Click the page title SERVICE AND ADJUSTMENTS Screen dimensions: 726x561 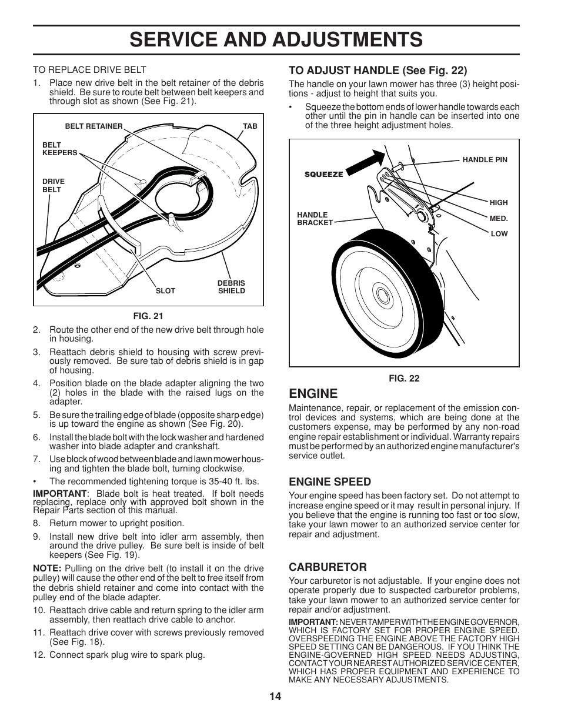[x=276, y=39]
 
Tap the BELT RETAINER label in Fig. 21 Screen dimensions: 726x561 [x=93, y=126]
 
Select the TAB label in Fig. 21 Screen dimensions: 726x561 [x=250, y=126]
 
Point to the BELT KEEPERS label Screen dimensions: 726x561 [x=59, y=149]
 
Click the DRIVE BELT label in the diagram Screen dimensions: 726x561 [x=53, y=186]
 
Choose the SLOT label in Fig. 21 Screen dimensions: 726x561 [x=165, y=291]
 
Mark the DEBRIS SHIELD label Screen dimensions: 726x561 [x=231, y=287]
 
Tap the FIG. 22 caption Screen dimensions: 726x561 [x=404, y=379]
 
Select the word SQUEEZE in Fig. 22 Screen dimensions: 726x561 [x=323, y=175]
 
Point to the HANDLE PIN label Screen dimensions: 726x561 [x=485, y=160]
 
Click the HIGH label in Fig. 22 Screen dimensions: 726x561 [x=498, y=203]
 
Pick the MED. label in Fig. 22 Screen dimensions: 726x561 [x=498, y=218]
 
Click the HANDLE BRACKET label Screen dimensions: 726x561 [x=315, y=219]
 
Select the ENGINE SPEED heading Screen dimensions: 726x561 [x=329, y=481]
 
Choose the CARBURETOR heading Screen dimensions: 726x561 [x=327, y=567]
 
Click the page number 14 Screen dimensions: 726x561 [x=276, y=697]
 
